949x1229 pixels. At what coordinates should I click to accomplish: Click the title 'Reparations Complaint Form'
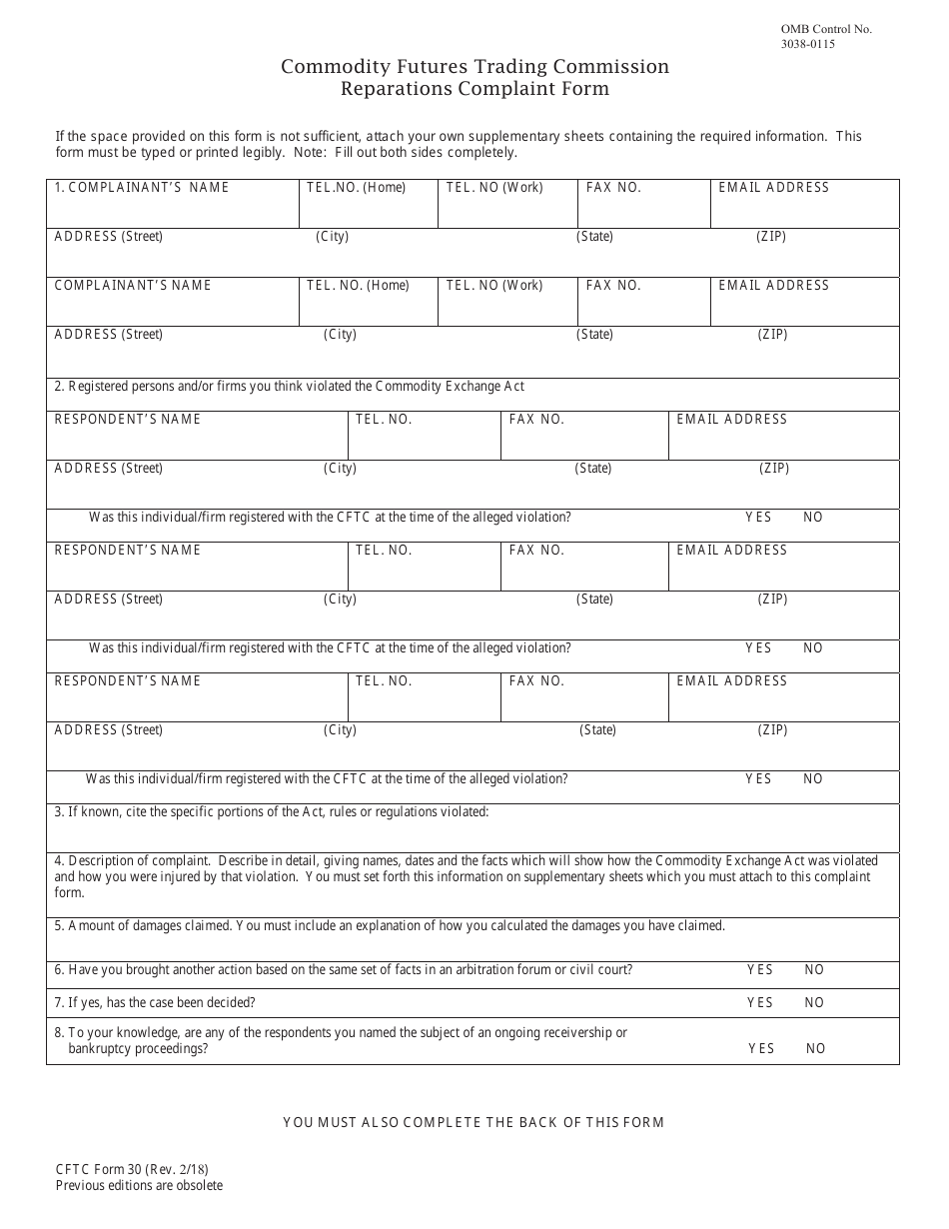[474, 89]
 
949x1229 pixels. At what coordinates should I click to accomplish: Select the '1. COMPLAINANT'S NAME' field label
[142, 188]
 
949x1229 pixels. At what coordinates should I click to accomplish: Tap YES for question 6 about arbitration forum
[760, 970]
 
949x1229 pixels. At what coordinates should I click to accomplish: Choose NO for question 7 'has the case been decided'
[814, 1003]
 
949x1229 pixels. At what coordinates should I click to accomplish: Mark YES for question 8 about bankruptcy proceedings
[761, 1049]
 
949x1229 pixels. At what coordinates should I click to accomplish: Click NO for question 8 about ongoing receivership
[816, 1049]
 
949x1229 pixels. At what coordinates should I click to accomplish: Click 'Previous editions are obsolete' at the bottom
[139, 1186]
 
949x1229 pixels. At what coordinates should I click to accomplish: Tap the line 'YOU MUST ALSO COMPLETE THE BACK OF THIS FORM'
[474, 1123]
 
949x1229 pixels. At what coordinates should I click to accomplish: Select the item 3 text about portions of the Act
[272, 812]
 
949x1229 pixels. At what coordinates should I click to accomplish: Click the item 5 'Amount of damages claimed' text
[390, 926]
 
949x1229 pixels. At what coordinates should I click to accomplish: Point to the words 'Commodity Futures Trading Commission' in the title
[474, 67]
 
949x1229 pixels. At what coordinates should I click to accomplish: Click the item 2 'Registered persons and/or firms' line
[290, 387]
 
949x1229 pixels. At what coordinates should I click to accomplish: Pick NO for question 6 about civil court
[814, 970]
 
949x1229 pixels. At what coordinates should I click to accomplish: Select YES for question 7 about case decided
[760, 1003]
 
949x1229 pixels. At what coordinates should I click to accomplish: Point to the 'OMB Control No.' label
[828, 29]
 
